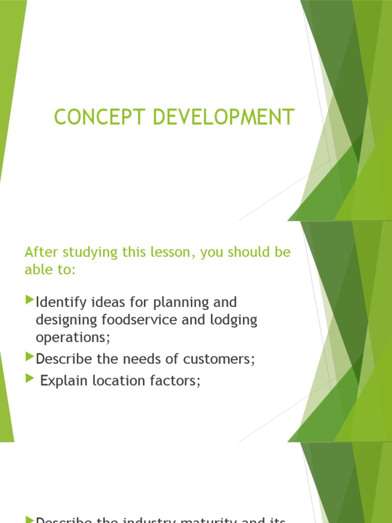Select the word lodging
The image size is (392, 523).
pyautogui.click(x=236, y=320)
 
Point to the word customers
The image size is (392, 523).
pyautogui.click(x=220, y=359)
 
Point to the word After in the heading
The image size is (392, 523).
pyautogui.click(x=39, y=253)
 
